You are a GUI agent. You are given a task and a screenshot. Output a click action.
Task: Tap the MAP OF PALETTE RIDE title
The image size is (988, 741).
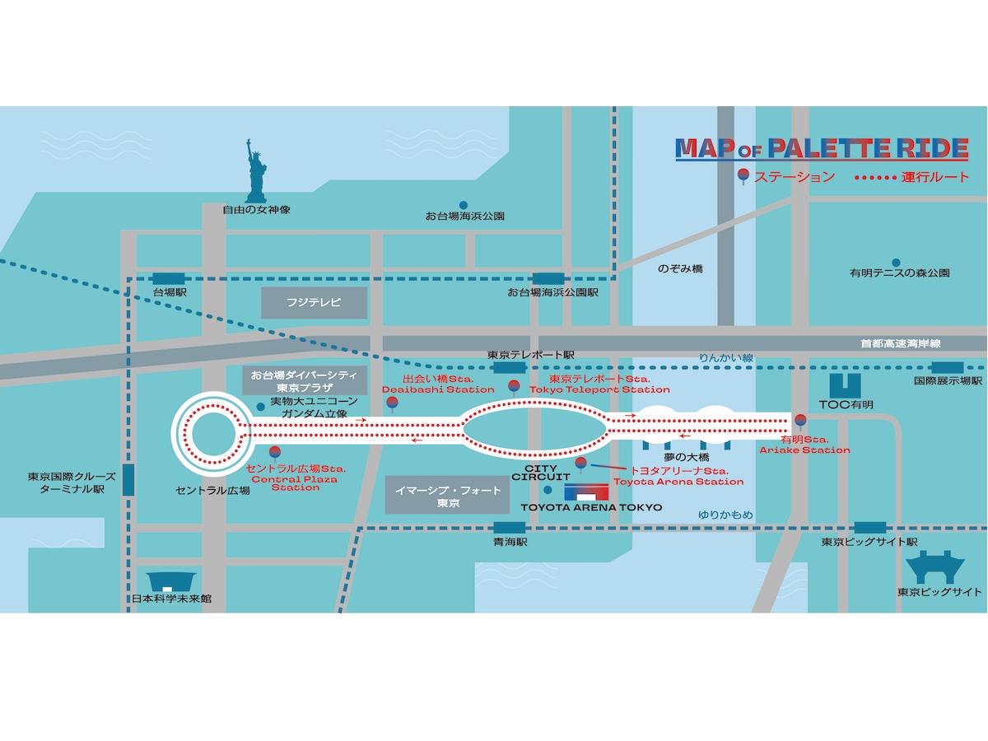(x=821, y=149)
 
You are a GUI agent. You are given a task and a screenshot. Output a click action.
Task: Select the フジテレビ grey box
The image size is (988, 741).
(x=314, y=303)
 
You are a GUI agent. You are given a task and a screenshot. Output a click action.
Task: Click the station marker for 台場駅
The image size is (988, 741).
(x=170, y=278)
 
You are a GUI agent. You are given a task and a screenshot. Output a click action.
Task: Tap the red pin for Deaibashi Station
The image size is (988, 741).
(x=392, y=403)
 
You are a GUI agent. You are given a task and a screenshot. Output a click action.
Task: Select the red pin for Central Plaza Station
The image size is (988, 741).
(x=275, y=452)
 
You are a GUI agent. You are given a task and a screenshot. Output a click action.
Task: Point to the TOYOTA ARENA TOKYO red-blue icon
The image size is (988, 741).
(x=585, y=492)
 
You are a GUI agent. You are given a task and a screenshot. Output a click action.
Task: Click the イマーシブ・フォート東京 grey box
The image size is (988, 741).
(x=436, y=496)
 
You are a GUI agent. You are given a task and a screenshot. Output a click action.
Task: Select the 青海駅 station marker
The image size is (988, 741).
(x=505, y=528)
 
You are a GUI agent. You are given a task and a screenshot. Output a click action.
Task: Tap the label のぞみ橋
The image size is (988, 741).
(x=680, y=269)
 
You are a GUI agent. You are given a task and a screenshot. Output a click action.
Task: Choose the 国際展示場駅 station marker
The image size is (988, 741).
(x=948, y=367)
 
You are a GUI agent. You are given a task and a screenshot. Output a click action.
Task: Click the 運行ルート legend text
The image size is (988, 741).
(x=936, y=177)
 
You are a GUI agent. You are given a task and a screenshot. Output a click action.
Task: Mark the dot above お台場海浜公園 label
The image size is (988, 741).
(x=464, y=205)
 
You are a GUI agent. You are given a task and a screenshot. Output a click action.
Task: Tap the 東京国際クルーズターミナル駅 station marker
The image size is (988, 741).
(x=128, y=480)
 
